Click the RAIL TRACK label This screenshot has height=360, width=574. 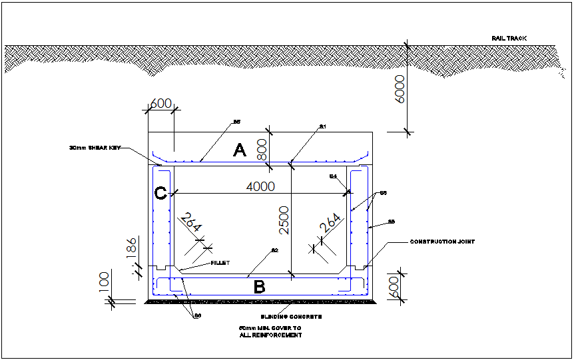509,39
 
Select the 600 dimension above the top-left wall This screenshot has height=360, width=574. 160,103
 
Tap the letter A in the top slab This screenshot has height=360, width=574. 240,151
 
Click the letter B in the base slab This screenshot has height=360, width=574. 260,287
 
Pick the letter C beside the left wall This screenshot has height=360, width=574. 160,194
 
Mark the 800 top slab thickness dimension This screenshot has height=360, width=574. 262,148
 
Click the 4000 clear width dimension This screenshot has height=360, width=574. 260,187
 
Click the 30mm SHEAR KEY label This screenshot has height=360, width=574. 94,148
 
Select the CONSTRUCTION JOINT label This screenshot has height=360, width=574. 442,242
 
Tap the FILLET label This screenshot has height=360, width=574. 220,263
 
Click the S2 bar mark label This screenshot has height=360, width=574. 274,250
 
